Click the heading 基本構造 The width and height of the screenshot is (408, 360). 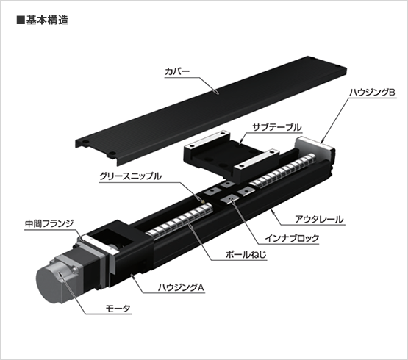[47, 20]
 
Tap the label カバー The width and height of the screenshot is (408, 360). [177, 71]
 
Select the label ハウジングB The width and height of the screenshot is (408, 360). [372, 93]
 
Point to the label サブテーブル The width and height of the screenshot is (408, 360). [277, 127]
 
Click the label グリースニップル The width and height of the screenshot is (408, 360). [130, 176]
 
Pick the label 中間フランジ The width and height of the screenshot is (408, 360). [49, 223]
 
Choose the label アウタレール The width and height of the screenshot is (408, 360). [319, 219]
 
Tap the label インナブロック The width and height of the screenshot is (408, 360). [292, 238]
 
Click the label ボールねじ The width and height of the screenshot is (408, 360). [246, 254]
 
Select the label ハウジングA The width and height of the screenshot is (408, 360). [181, 287]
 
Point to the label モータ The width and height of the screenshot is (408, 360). [118, 309]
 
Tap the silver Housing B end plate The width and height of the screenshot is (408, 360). [315, 149]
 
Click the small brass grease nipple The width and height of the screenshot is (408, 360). [202, 200]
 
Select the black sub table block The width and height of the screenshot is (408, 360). [232, 155]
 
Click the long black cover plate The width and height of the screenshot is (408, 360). [211, 110]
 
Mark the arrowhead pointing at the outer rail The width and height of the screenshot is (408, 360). [272, 211]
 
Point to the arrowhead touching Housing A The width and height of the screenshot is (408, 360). [132, 276]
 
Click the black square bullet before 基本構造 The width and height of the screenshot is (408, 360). [21, 21]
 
